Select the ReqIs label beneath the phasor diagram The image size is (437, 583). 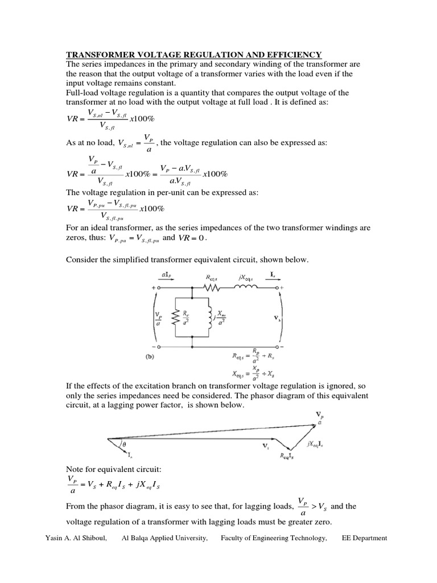point(286,455)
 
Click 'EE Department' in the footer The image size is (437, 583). point(364,538)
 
